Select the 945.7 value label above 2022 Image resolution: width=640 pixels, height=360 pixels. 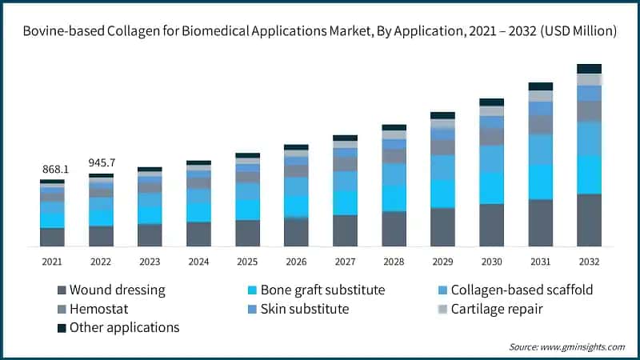coord(101,165)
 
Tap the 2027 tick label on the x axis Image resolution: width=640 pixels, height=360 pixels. coord(345,261)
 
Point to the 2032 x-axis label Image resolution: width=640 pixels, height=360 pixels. coord(589,261)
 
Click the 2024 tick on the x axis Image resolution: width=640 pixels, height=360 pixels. coord(198,261)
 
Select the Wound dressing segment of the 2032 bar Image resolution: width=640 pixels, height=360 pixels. coord(589,219)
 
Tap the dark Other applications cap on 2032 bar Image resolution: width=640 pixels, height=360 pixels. coord(589,69)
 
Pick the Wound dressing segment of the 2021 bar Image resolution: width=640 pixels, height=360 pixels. coord(52,237)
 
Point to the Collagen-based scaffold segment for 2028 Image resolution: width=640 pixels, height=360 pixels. coord(394,174)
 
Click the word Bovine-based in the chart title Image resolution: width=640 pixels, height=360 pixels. coord(61,31)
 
